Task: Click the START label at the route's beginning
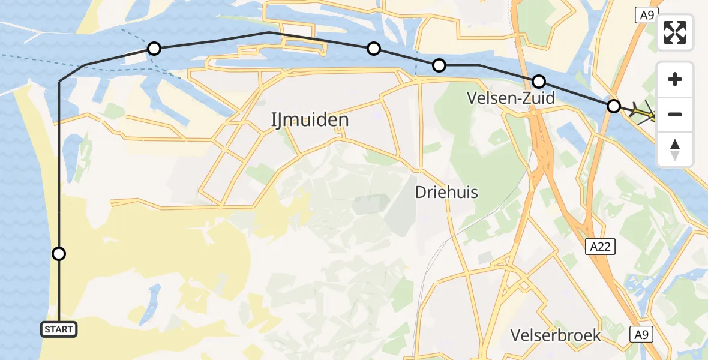tap(59, 329)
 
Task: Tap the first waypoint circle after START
tap(59, 254)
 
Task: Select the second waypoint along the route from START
tap(154, 49)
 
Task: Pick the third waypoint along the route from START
tap(374, 49)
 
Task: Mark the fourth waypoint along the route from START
tap(439, 65)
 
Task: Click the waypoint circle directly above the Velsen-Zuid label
tap(539, 82)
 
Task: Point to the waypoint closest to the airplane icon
tap(613, 106)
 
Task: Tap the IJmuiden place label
tap(310, 120)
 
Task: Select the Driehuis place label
tap(446, 192)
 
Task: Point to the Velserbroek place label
tap(556, 335)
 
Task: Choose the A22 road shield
tap(601, 246)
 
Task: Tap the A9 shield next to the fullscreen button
tap(647, 15)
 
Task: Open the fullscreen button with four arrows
tap(675, 32)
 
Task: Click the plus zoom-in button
tap(675, 79)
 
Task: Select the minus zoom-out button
tap(675, 114)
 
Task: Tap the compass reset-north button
tap(675, 149)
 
